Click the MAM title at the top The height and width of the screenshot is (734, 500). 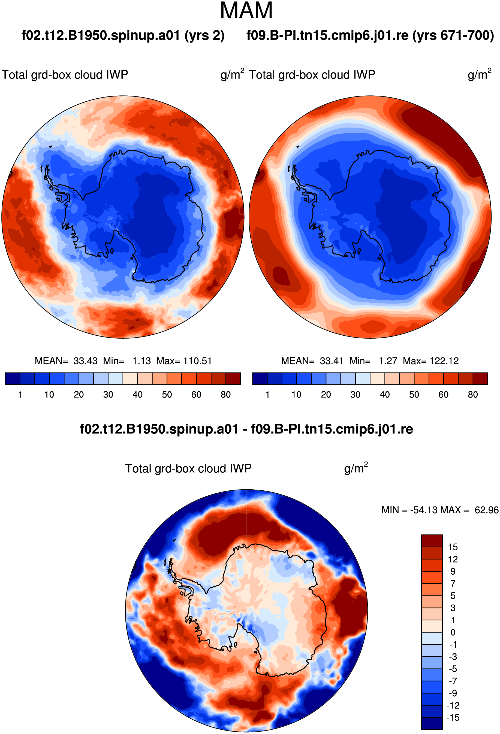point(246,11)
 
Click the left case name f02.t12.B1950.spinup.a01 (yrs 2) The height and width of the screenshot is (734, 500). point(123,35)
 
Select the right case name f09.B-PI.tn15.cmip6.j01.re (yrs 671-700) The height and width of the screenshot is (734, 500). point(370,35)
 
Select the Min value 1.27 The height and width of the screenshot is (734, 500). point(388,361)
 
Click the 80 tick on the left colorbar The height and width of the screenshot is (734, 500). point(226,395)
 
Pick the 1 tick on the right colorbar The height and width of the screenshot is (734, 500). point(267,395)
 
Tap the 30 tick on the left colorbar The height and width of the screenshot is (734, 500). point(108,395)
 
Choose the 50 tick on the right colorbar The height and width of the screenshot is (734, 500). point(414,395)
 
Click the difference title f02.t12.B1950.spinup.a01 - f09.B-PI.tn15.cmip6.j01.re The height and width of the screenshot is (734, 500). point(246,429)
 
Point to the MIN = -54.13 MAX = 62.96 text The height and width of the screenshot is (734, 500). point(440,510)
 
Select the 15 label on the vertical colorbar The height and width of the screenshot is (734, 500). point(453,547)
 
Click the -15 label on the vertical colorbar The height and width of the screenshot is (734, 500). point(453,718)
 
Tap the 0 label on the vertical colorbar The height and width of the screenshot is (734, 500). point(453,632)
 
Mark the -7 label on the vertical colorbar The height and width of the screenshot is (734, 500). point(453,681)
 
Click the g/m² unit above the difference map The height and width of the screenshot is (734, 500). point(356,468)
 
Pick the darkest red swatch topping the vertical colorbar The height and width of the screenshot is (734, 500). point(432,541)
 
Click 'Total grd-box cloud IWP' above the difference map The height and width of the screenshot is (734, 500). point(188,468)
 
